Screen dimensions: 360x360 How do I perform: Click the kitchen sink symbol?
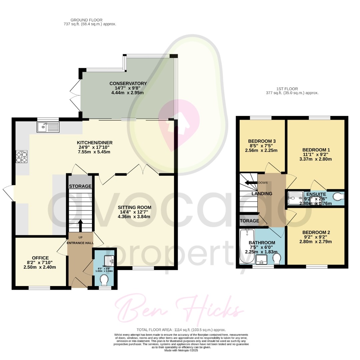tap(49, 127)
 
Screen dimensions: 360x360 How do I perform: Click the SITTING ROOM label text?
tap(135, 207)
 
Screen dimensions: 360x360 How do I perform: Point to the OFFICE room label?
tap(40, 258)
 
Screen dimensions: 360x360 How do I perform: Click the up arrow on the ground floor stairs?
tap(80, 224)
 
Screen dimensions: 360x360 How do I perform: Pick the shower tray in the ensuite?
tap(295, 198)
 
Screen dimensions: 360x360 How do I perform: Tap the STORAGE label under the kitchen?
tap(80, 186)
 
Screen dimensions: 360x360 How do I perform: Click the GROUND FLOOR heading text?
tap(87, 20)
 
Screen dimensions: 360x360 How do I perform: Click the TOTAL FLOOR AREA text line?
tap(180, 329)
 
